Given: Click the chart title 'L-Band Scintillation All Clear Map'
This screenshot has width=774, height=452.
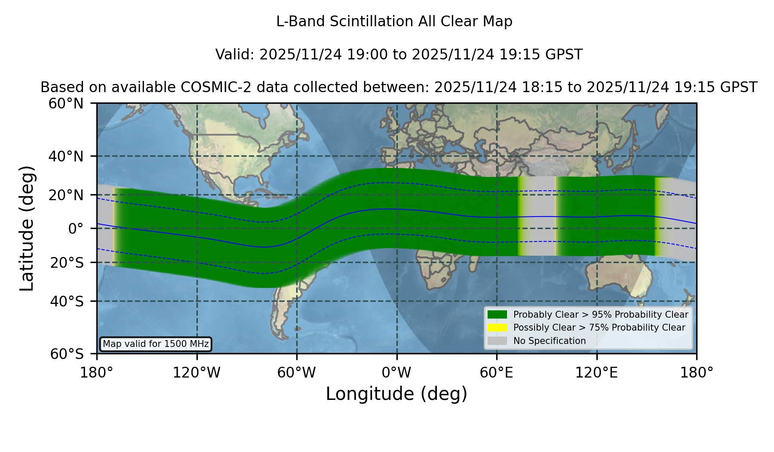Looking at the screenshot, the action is pyautogui.click(x=394, y=22).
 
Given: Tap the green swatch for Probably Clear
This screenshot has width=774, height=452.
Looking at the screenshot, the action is pyautogui.click(x=497, y=315).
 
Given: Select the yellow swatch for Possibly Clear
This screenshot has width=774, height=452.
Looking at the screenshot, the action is pyautogui.click(x=497, y=328).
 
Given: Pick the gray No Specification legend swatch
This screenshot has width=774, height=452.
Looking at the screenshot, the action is pyautogui.click(x=497, y=341).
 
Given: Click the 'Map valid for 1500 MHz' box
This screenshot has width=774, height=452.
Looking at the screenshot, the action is pyautogui.click(x=156, y=344).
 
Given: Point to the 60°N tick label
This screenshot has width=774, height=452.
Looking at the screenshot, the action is pyautogui.click(x=66, y=103).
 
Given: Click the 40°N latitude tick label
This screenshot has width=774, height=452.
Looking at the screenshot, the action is pyautogui.click(x=66, y=156).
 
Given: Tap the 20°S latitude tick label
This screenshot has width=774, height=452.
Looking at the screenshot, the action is pyautogui.click(x=67, y=263).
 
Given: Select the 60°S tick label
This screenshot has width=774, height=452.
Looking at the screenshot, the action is pyautogui.click(x=67, y=354).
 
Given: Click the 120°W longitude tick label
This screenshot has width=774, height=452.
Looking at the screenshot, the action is pyautogui.click(x=197, y=373).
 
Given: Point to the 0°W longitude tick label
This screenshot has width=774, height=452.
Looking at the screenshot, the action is pyautogui.click(x=396, y=373).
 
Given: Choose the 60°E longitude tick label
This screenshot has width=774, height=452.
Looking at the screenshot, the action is pyautogui.click(x=497, y=373).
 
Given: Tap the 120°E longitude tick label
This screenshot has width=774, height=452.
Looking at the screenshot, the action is pyautogui.click(x=596, y=373).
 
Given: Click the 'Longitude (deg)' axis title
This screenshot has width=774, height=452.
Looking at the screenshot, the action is pyautogui.click(x=396, y=394).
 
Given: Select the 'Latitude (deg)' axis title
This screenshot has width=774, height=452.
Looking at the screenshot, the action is pyautogui.click(x=27, y=228).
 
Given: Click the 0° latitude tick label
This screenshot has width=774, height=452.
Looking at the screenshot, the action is pyautogui.click(x=76, y=229).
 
